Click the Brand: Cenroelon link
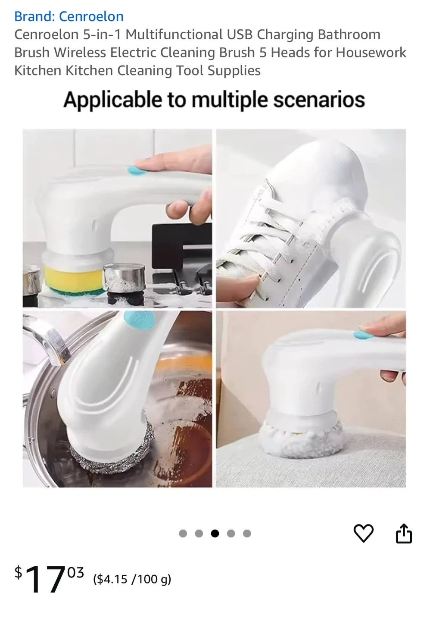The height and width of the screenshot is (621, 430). pos(69,16)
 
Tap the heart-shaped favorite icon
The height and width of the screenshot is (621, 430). pos(363,533)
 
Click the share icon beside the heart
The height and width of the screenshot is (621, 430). pos(403,533)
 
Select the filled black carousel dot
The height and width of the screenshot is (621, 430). pos(215,533)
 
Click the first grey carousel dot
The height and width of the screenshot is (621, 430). pos(183,533)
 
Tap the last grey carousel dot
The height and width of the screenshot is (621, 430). pos(247,533)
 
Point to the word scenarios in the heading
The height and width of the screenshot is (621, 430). pos(319,100)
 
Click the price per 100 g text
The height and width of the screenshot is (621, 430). pos(132,580)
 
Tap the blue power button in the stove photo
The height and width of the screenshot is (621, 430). pos(137,170)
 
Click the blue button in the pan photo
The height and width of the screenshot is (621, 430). pos(139,320)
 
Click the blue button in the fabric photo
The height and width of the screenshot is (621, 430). pos(363,335)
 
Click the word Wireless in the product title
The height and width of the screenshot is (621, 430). pos(80,53)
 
